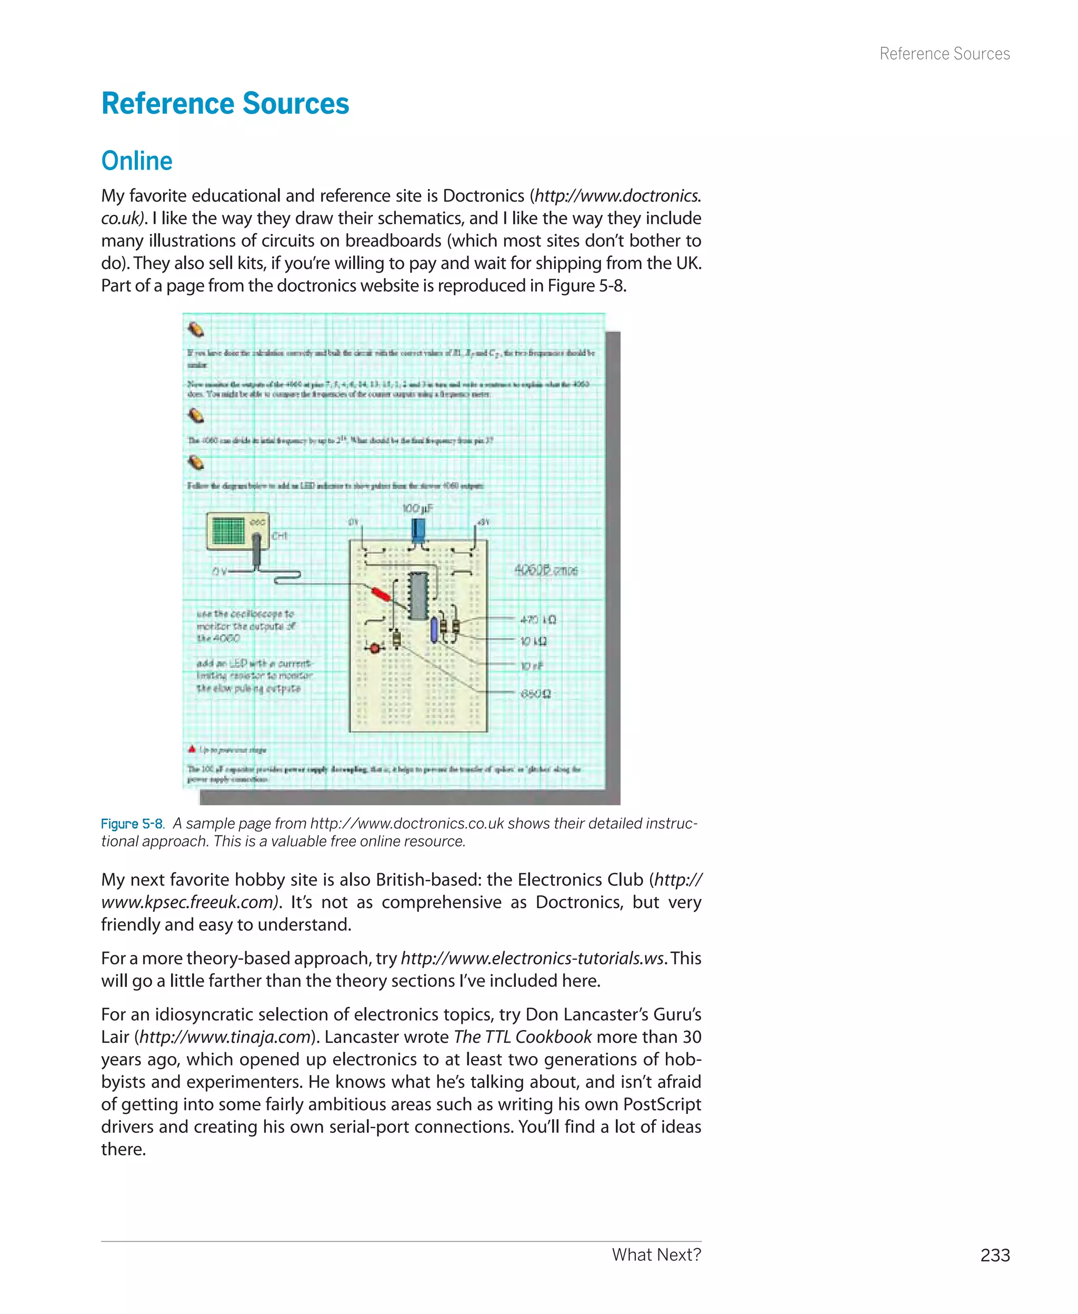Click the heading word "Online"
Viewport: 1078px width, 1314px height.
[137, 161]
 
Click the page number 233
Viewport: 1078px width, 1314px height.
[995, 1255]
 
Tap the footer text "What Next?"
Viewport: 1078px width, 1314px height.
[656, 1255]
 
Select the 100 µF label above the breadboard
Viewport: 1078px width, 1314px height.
[417, 509]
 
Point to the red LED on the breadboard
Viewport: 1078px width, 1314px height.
[374, 648]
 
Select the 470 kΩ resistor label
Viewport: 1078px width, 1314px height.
[538, 619]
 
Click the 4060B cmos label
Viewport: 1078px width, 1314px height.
[546, 570]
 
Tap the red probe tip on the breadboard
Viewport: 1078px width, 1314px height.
[380, 594]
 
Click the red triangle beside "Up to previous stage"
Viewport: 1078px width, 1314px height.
[192, 749]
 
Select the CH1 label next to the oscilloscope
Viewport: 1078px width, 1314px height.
[280, 535]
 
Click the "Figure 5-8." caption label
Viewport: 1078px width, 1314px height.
[132, 824]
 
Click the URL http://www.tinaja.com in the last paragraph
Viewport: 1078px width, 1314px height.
[225, 1037]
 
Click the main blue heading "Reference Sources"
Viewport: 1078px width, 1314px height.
[225, 104]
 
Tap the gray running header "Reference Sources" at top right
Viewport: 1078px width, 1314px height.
[944, 54]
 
